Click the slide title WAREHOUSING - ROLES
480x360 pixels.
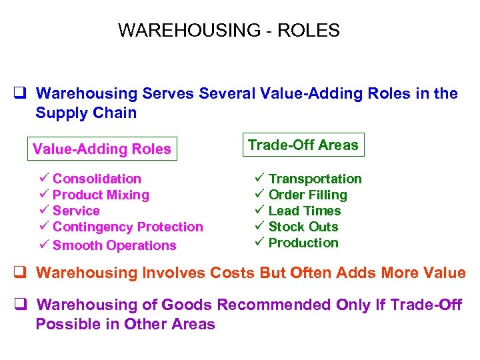229,31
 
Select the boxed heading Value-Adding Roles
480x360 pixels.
102,149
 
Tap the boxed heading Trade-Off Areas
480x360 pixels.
303,145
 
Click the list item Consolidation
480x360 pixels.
97,179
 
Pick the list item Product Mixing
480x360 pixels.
101,195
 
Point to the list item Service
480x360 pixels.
76,211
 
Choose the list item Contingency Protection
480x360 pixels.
127,227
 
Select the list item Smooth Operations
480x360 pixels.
114,245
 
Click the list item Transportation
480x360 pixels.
315,179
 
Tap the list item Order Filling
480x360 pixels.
307,195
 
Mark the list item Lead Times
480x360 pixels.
304,211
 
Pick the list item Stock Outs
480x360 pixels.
303,227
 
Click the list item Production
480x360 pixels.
303,243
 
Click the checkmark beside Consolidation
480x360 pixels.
43,178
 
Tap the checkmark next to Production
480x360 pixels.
259,242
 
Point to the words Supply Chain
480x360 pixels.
86,113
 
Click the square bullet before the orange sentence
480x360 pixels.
20,273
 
